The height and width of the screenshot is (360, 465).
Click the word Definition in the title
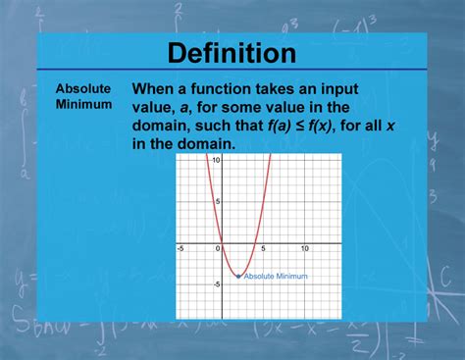[232, 53]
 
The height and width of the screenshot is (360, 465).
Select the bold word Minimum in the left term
[83, 103]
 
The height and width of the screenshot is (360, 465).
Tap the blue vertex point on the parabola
[238, 276]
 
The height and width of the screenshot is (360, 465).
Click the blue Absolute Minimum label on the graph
[276, 277]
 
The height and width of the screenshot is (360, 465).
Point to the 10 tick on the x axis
[305, 248]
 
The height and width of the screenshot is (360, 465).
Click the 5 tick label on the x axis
[263, 248]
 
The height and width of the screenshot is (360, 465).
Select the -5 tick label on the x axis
[181, 248]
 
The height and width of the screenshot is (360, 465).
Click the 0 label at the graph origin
[218, 248]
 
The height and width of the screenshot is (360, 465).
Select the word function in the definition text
[224, 88]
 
